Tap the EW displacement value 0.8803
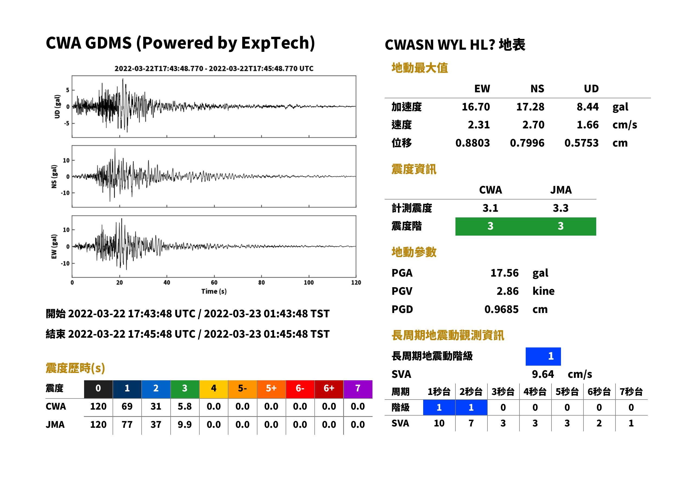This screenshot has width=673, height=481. (472, 143)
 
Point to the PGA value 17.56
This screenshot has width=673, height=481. (504, 273)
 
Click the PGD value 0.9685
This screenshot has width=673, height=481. (501, 309)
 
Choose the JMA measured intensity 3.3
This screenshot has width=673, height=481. (560, 208)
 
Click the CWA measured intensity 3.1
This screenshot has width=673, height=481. (490, 208)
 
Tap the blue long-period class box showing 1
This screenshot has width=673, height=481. (543, 356)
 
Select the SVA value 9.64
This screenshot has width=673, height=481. (543, 374)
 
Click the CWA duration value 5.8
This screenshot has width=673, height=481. (185, 406)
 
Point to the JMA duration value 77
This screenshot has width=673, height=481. (127, 425)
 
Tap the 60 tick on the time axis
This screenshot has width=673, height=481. (214, 283)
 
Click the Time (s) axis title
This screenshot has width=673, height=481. (214, 292)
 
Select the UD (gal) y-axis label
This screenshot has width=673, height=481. (57, 107)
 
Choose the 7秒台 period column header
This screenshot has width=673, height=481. (631, 391)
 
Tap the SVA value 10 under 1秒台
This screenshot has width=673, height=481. (439, 423)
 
